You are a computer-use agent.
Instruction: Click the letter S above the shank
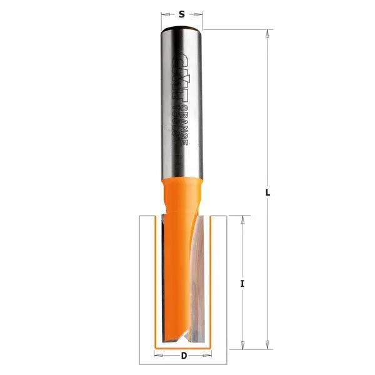tap(181, 13)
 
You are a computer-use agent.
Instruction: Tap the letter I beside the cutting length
tap(242, 283)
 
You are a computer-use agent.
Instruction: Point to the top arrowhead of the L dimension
tap(267, 33)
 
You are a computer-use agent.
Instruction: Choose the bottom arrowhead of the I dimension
tap(242, 344)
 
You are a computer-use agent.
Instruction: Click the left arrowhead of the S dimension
tap(164, 13)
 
